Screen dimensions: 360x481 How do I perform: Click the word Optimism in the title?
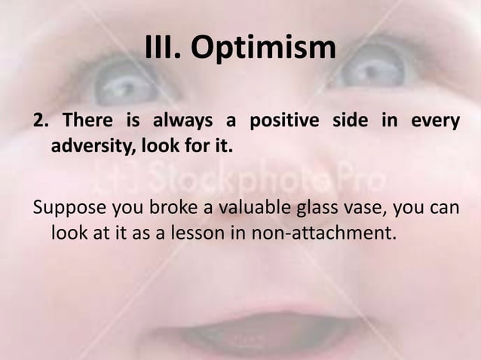pos(262,49)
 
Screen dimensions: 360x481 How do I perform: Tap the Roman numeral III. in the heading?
pos(163,49)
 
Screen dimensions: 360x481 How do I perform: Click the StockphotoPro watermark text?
pos(249,179)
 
